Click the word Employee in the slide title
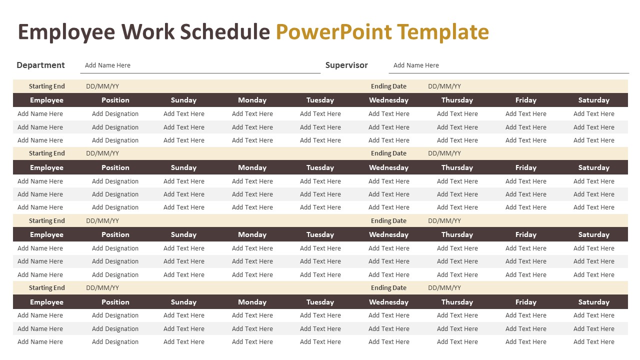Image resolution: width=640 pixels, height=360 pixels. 67,32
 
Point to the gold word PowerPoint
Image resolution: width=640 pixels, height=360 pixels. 333,32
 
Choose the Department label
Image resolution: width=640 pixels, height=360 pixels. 40,65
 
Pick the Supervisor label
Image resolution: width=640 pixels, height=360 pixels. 346,65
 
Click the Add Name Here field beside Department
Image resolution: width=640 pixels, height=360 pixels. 107,65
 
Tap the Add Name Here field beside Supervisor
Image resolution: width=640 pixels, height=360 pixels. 416,65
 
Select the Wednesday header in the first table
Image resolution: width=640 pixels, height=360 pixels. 388,100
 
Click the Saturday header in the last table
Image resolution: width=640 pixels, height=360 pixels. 593,302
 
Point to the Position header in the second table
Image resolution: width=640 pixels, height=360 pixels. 115,167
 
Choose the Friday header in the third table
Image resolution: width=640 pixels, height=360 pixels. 525,234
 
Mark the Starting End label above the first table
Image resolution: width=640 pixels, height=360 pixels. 47,86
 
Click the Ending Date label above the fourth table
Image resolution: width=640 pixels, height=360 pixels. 388,288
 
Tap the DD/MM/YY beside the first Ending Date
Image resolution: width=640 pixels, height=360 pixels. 444,86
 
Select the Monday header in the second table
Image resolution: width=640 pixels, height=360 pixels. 252,167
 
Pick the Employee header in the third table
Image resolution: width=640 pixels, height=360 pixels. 46,234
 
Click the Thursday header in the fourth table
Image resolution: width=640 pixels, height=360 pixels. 457,302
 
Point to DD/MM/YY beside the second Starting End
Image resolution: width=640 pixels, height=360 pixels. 102,153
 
